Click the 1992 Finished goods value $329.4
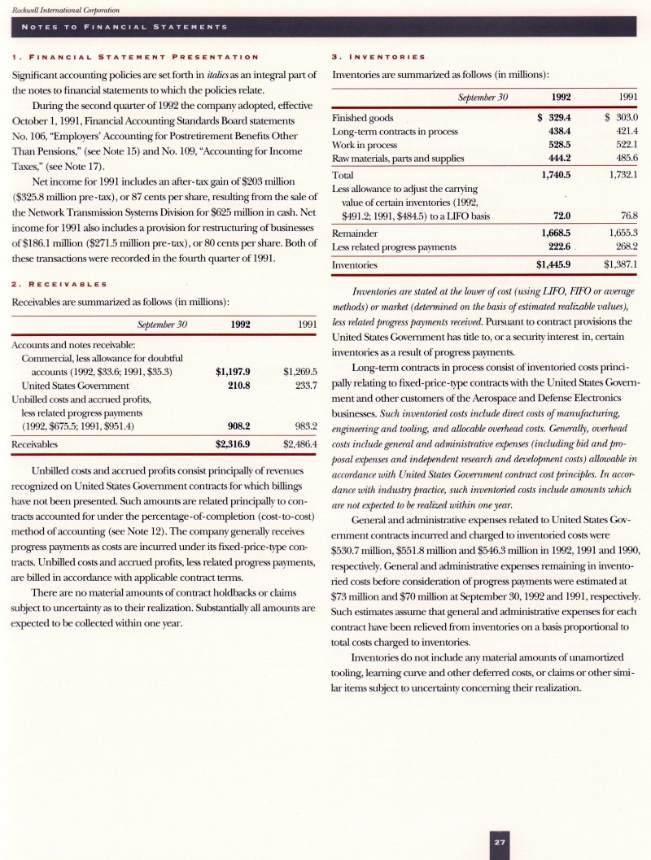555,117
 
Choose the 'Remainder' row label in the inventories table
359,233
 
